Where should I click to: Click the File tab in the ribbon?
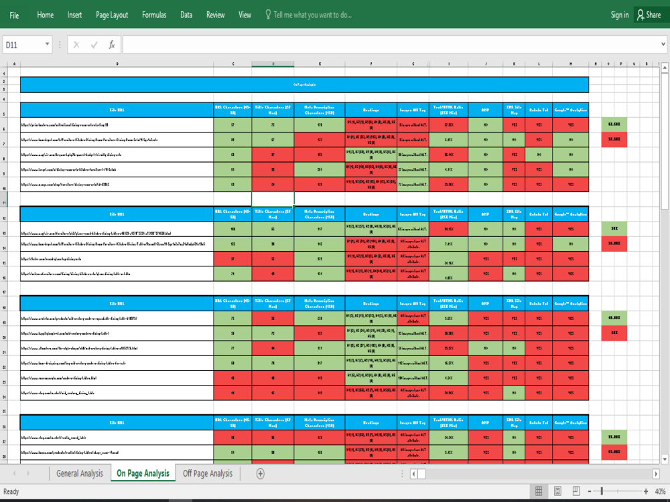[14, 15]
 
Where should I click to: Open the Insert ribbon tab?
[74, 15]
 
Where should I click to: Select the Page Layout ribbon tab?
[112, 15]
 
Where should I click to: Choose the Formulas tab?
[154, 15]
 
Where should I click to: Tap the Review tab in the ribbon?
[216, 15]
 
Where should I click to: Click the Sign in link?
[620, 15]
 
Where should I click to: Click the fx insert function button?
[112, 45]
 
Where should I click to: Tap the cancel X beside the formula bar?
[76, 45]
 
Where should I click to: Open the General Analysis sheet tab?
[80, 473]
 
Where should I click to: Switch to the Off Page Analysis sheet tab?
[208, 473]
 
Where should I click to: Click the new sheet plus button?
[261, 473]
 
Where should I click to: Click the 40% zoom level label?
[660, 492]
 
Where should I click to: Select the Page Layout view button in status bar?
[557, 492]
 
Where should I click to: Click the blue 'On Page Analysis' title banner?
[304, 84]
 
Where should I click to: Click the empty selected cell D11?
[273, 199]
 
